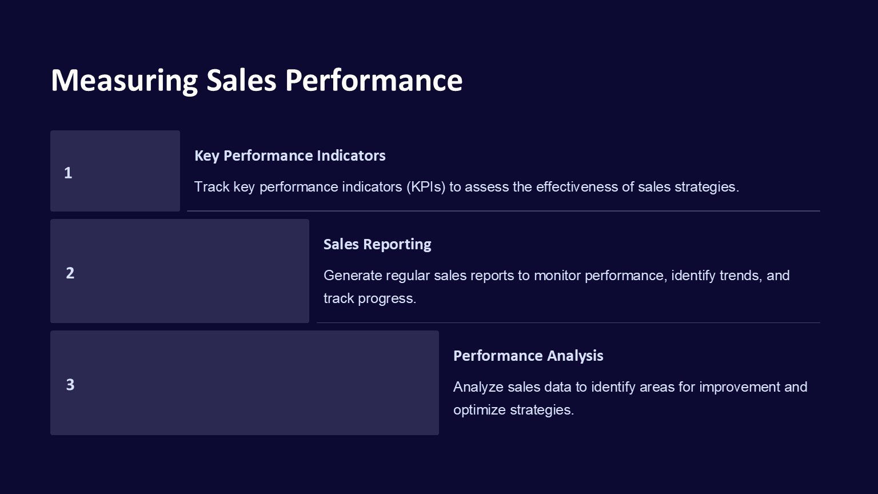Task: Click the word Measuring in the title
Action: coord(124,80)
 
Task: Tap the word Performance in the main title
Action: coord(373,80)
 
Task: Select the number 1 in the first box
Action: coord(68,173)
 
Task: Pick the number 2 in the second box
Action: coord(70,273)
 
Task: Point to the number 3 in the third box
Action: coord(70,384)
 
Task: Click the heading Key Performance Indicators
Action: coord(290,156)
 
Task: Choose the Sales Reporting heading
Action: coord(377,244)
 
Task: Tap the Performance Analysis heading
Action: coord(528,356)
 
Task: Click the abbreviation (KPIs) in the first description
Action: coord(426,187)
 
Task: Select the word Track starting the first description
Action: coord(211,187)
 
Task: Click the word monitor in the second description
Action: coord(557,276)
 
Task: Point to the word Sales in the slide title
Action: coord(241,80)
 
